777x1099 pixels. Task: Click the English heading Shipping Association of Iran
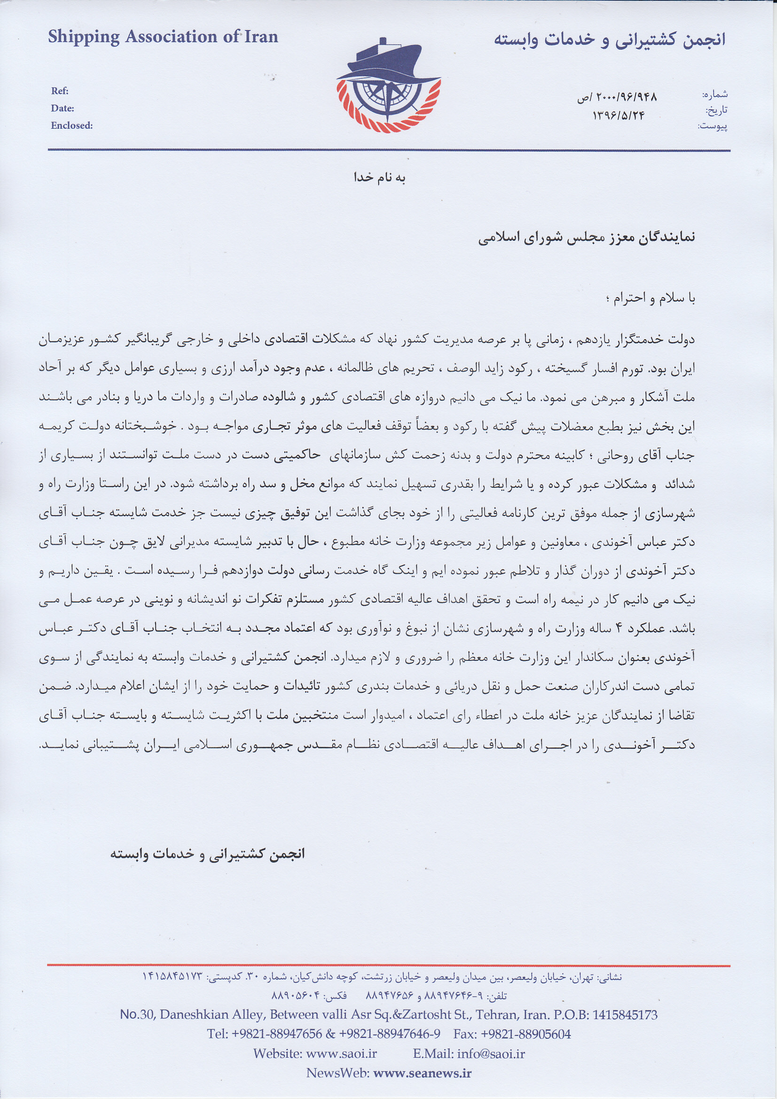coord(163,37)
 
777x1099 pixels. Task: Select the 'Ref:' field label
coord(60,91)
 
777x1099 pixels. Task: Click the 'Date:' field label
coord(62,108)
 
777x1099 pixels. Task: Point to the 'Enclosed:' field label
coord(72,126)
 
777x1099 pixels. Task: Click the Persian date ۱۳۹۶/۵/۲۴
coord(619,115)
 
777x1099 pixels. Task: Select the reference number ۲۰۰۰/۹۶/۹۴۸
coord(617,97)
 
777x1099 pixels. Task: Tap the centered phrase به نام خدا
coord(380,178)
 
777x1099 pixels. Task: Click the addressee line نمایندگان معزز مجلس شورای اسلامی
coord(586,238)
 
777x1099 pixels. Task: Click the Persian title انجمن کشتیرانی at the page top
coord(610,40)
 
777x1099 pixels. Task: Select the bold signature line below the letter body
coord(207,854)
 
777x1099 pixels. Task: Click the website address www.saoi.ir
coord(341,1053)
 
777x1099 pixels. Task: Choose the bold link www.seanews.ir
coord(422,1073)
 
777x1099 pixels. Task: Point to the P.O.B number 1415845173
coord(625,1015)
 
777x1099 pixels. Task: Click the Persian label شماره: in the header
coord(714,94)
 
